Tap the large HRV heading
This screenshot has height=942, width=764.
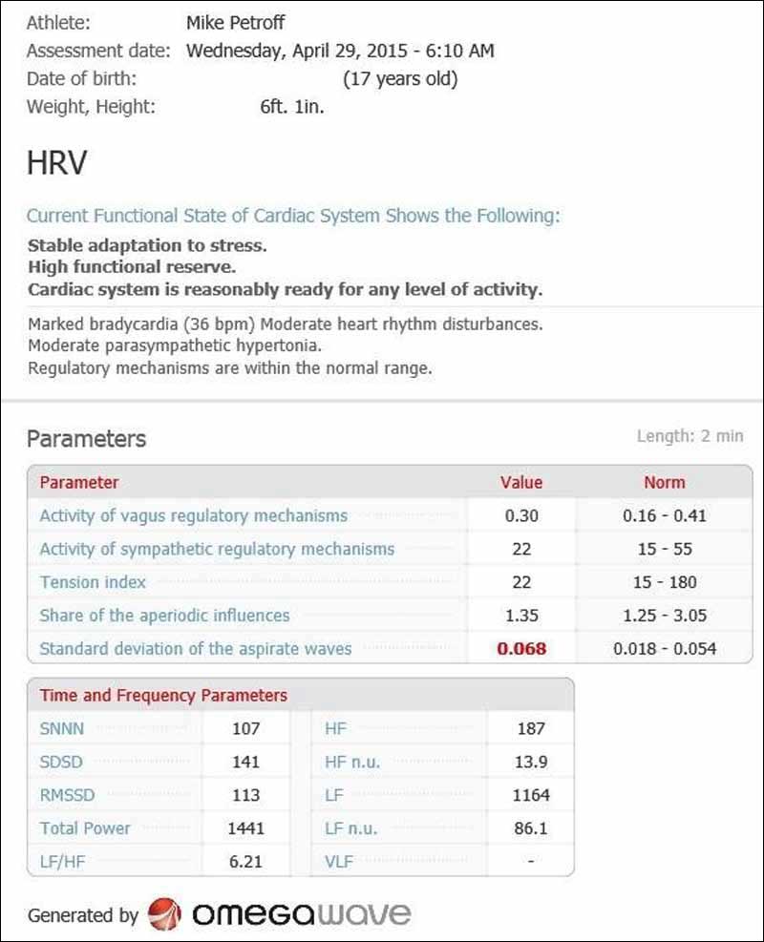click(x=56, y=164)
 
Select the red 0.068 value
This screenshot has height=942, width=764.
click(x=521, y=649)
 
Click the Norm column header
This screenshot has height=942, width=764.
click(x=665, y=482)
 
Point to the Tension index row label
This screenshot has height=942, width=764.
click(x=93, y=582)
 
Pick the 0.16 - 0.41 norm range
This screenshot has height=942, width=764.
click(x=665, y=515)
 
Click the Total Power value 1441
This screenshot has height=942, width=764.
click(x=246, y=828)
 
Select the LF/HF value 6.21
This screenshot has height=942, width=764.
click(x=246, y=862)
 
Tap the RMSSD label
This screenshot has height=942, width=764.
click(x=67, y=795)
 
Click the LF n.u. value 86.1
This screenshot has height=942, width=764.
click(x=531, y=828)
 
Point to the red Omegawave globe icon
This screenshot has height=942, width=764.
click(x=165, y=914)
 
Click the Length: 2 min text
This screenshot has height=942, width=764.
click(x=690, y=436)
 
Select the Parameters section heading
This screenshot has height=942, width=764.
click(x=87, y=439)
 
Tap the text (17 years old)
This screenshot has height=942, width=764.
click(x=400, y=78)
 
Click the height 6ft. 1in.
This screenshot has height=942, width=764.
click(x=292, y=107)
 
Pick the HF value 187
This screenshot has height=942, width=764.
click(x=531, y=729)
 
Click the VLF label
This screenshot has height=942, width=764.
click(x=339, y=862)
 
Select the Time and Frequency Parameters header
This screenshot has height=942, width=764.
click(x=163, y=695)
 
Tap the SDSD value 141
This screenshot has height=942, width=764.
click(x=246, y=763)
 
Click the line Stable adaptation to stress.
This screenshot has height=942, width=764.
click(x=147, y=245)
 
